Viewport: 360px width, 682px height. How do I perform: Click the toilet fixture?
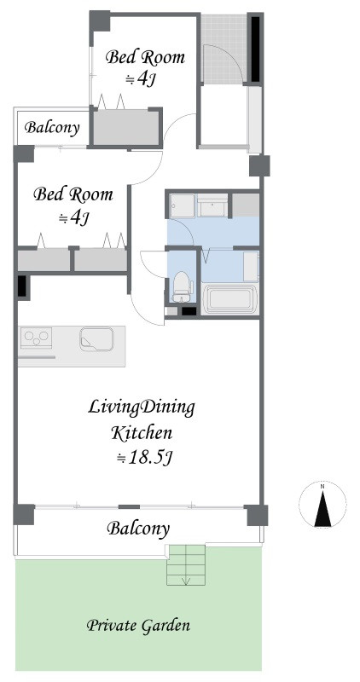tap(183, 287)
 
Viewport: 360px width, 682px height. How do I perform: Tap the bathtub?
tap(229, 299)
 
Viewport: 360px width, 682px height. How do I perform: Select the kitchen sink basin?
tap(96, 338)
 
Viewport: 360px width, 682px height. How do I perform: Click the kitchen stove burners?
tap(36, 338)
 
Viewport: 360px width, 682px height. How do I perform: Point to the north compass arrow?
tap(322, 509)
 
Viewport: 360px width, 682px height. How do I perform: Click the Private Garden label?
tap(138, 627)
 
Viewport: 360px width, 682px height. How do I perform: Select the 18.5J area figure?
tap(146, 458)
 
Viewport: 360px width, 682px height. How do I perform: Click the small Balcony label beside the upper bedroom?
tap(52, 128)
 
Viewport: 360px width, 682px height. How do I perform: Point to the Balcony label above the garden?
tap(138, 529)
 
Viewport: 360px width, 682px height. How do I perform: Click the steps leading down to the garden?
tap(186, 565)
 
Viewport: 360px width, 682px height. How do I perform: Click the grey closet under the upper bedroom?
tap(126, 127)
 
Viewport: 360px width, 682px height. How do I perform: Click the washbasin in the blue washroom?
tap(212, 205)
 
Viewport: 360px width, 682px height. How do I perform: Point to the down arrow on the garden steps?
tap(186, 580)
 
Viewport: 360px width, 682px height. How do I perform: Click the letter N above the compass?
tap(322, 487)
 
